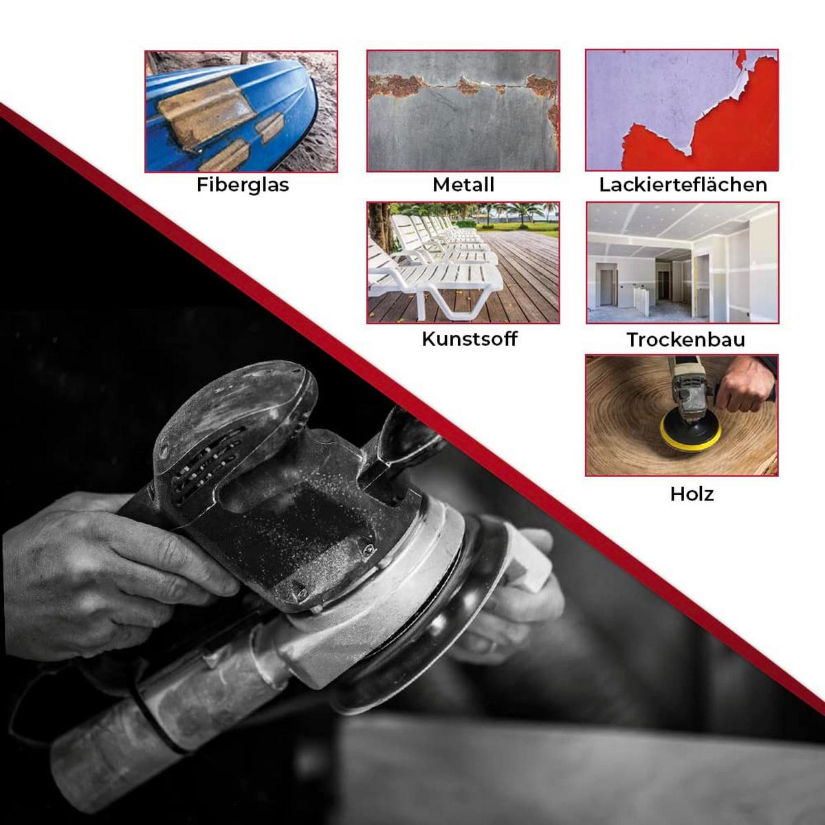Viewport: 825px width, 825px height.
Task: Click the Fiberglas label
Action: [x=243, y=186]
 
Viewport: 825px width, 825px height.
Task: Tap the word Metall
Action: [x=463, y=185]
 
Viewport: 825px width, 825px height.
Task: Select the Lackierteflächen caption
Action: [x=683, y=185]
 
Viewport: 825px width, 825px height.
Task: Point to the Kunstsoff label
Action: [x=470, y=339]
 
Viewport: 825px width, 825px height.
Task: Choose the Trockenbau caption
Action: [x=686, y=340]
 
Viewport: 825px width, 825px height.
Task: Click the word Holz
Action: [x=692, y=494]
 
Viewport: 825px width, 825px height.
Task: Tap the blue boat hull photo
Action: [x=241, y=112]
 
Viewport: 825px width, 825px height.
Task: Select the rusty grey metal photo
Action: [x=463, y=111]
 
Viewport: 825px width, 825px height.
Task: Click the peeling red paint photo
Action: [x=682, y=110]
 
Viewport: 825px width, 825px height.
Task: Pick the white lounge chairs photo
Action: [x=463, y=263]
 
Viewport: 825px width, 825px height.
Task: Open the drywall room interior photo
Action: [x=683, y=263]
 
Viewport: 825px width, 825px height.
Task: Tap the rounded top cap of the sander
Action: [x=236, y=411]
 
